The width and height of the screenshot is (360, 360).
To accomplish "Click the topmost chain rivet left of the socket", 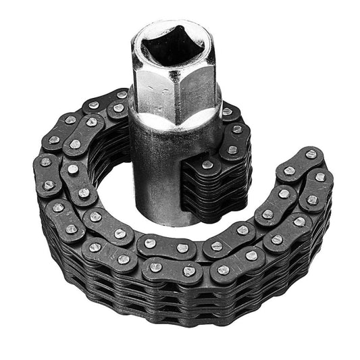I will pyautogui.click(x=122, y=95).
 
